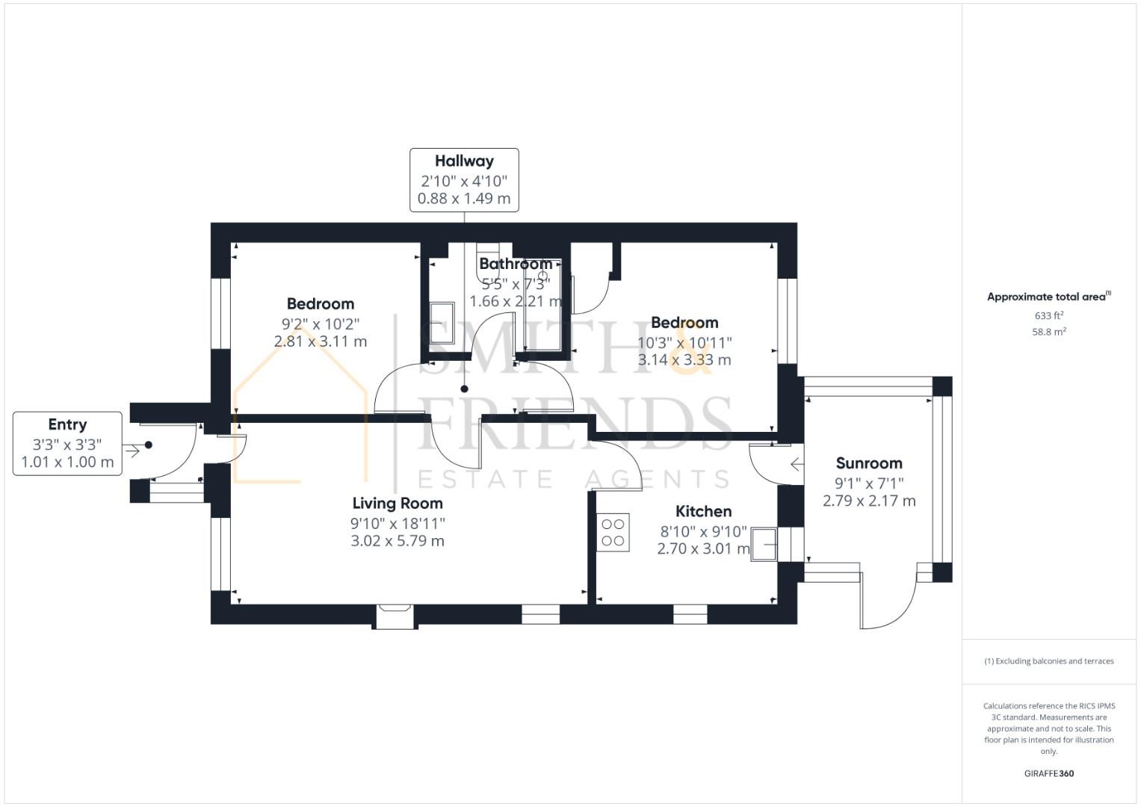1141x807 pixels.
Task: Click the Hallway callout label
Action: [464, 180]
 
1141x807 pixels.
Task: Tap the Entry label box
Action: [67, 443]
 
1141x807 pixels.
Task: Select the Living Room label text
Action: [398, 504]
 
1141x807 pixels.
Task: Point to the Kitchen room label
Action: [703, 511]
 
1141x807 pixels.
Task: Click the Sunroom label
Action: [869, 463]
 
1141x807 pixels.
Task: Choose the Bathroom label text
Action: [516, 263]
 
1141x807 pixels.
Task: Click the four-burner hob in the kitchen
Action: [613, 532]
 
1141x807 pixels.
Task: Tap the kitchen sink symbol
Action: [764, 544]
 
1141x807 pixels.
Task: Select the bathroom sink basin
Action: [442, 324]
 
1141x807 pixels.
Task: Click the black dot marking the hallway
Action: [464, 389]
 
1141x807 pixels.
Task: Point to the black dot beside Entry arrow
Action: [148, 445]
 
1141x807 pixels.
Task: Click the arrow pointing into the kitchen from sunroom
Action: [797, 464]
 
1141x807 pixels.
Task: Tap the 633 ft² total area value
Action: [1049, 315]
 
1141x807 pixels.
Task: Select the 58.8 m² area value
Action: [1049, 332]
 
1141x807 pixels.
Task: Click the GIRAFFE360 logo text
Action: [1049, 773]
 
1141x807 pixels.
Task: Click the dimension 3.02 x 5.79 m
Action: [398, 540]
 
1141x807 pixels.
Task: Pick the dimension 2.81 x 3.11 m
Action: [321, 341]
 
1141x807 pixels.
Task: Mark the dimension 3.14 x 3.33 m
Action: [684, 359]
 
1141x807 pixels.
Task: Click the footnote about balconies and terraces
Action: [1049, 661]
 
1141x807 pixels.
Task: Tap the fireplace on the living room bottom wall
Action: [395, 616]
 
